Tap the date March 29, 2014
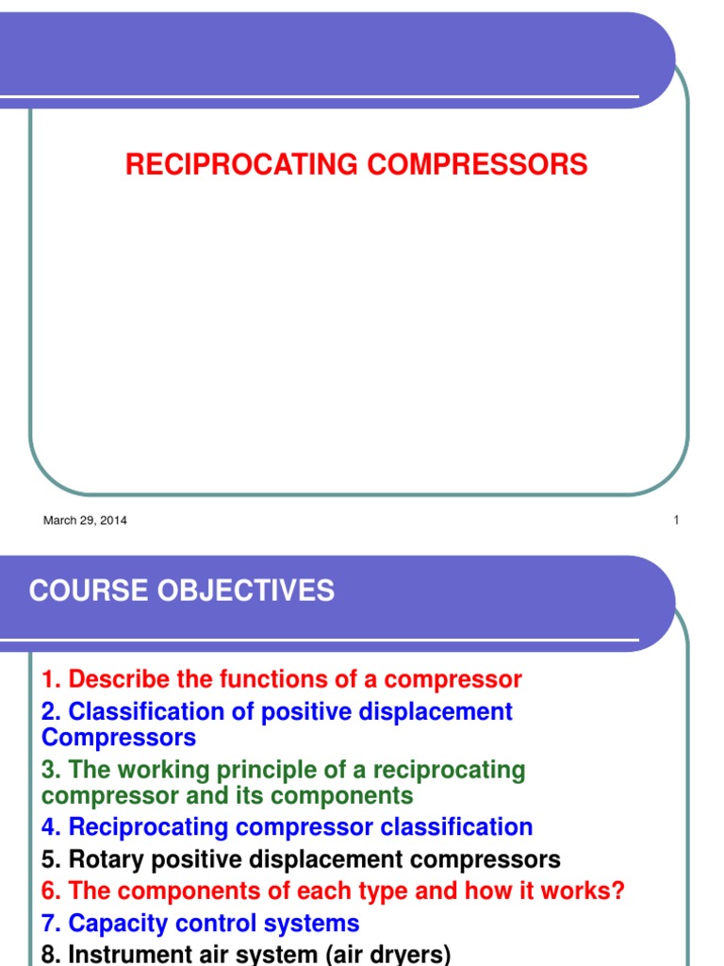pos(85,520)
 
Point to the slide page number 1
pos(676,520)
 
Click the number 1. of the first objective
pos(51,679)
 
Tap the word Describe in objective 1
pos(119,679)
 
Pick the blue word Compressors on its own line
pos(119,737)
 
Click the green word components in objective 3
pos(344,795)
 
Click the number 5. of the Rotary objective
pos(51,859)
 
